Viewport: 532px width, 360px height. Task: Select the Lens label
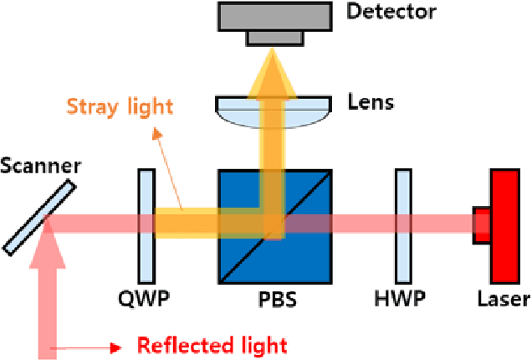[x=371, y=104]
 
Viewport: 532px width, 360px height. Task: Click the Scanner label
[x=41, y=165]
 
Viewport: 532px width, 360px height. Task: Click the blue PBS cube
[x=243, y=251]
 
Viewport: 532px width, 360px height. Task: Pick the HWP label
[x=402, y=298]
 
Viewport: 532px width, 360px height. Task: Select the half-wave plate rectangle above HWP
[x=402, y=226]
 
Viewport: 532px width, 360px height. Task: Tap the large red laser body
[x=506, y=225]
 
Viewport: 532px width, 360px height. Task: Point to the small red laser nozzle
[x=482, y=225]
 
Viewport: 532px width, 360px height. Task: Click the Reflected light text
[x=212, y=345]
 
